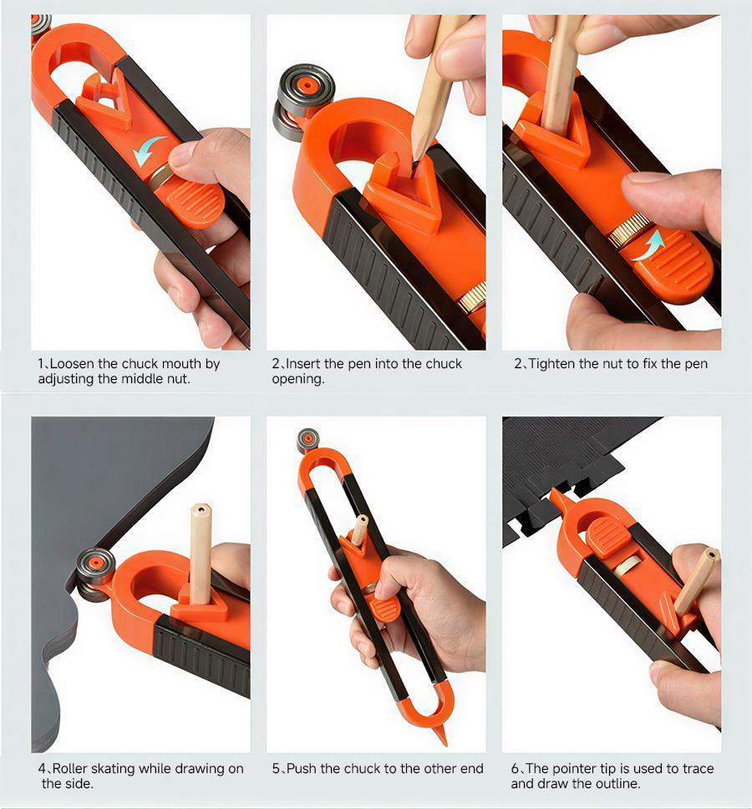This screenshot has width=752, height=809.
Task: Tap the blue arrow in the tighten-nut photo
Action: pos(647,245)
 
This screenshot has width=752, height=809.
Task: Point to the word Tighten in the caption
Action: pos(552,364)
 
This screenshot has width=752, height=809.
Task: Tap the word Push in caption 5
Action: pos(301,769)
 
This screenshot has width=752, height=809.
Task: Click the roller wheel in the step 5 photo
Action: pos(307,441)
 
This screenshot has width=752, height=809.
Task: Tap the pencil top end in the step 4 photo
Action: pos(201,510)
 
